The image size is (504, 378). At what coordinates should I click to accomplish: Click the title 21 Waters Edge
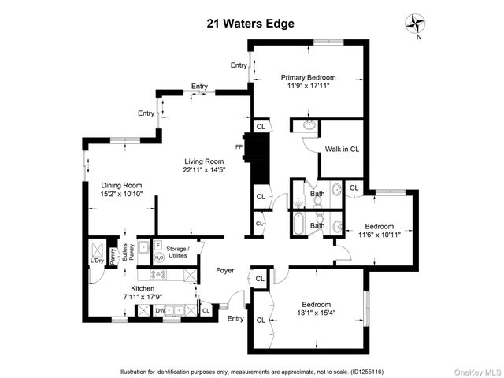[x=250, y=23]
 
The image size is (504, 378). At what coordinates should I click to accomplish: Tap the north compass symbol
[x=414, y=25]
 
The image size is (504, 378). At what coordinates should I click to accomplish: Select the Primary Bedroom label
[x=309, y=77]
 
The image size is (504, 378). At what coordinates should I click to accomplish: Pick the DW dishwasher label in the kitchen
[x=160, y=311]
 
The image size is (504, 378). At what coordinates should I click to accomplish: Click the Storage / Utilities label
[x=176, y=252]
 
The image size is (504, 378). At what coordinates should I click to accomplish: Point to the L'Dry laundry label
[x=98, y=261]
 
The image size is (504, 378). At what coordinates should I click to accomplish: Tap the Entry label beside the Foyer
[x=235, y=318]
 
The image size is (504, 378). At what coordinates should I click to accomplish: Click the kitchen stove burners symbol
[x=159, y=275]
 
